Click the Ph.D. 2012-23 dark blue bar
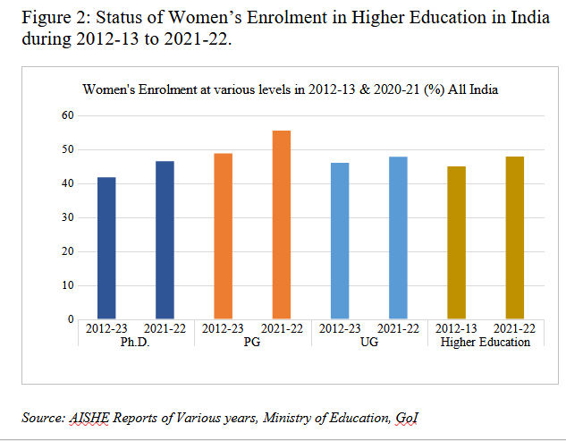[x=106, y=248]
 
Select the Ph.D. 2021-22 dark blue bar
[x=165, y=240]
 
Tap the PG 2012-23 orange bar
[x=223, y=236]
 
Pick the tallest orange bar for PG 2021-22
[x=281, y=225]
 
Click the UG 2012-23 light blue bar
[x=339, y=241]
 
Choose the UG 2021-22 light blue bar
[x=398, y=238]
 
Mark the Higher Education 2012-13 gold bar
[x=456, y=242]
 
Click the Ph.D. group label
[x=135, y=342]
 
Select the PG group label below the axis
[x=251, y=342]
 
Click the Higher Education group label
[x=486, y=342]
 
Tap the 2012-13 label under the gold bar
[x=456, y=329]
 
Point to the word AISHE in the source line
[x=85, y=417]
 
